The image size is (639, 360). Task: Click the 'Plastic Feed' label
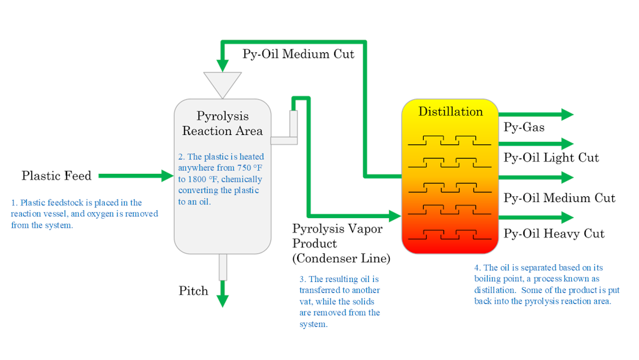(56, 175)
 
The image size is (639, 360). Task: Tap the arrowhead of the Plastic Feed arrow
(167, 174)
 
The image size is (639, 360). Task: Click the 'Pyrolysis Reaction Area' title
(222, 123)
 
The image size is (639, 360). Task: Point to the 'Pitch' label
(193, 291)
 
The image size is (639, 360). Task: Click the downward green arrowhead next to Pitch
(222, 300)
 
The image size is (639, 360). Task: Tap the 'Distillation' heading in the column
(450, 112)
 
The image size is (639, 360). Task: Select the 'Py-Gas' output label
(524, 127)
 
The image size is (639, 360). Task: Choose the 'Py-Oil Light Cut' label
(551, 157)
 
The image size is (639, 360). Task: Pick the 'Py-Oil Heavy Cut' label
(553, 233)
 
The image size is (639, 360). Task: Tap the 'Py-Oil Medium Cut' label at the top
(298, 54)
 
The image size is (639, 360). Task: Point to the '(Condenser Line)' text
(341, 258)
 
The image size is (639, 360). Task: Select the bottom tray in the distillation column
(449, 233)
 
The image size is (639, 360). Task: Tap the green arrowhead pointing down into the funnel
(222, 65)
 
